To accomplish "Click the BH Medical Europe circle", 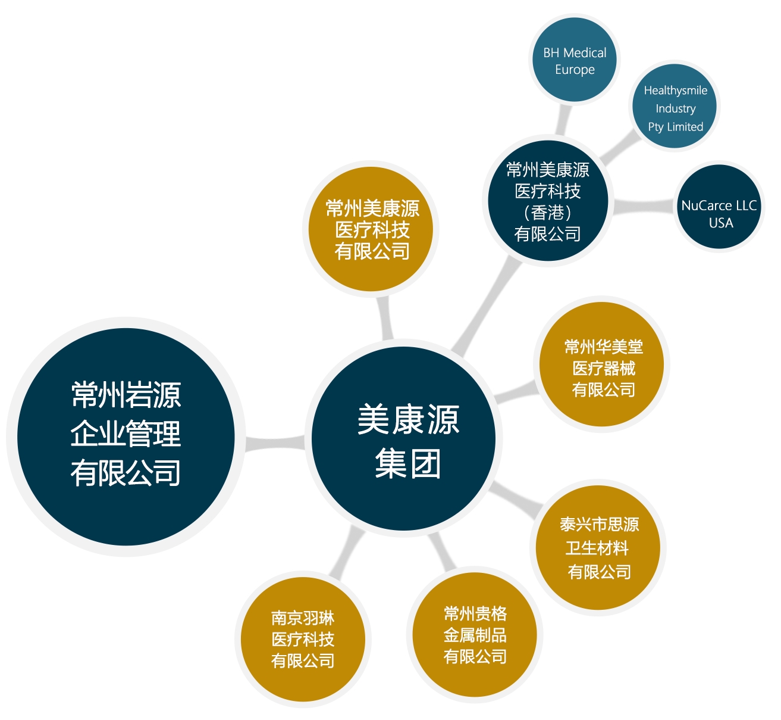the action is pyautogui.click(x=575, y=59).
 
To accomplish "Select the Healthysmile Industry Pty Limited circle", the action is pyautogui.click(x=675, y=107).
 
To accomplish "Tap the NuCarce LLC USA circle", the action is pyautogui.click(x=719, y=207).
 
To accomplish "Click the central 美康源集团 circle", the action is pyautogui.click(x=404, y=438).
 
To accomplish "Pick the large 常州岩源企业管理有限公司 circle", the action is pyautogui.click(x=126, y=437).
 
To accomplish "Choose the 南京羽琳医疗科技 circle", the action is pyautogui.click(x=303, y=640).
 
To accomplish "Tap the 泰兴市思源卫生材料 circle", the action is pyautogui.click(x=598, y=548).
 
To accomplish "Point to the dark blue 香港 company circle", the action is pyautogui.click(x=548, y=201).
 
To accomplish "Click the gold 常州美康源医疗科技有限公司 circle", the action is pyautogui.click(x=371, y=229).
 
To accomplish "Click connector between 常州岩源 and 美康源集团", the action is pyautogui.click(x=275, y=443).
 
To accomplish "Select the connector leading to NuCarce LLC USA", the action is pyautogui.click(x=644, y=207).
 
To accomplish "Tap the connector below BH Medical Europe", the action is pyautogui.click(x=563, y=120).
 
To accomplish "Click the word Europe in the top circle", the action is pyautogui.click(x=575, y=70).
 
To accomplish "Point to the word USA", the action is pyautogui.click(x=721, y=223).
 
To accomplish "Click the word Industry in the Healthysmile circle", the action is pyautogui.click(x=676, y=108).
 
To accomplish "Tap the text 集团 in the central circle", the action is pyautogui.click(x=407, y=463).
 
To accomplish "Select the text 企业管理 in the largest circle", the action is pyautogui.click(x=126, y=434).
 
